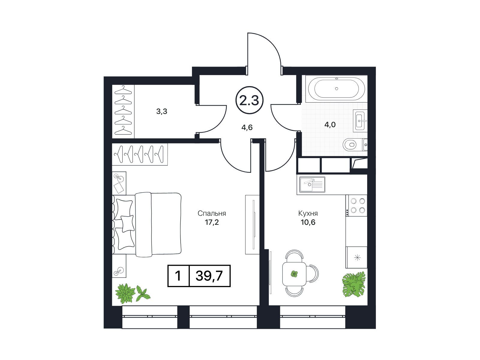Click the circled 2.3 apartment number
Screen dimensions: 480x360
pos(249,100)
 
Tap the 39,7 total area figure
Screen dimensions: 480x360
pos(209,276)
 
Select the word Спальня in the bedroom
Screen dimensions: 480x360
pos(212,213)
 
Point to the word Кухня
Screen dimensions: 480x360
pos(308,213)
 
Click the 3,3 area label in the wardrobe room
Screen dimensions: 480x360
pos(162,112)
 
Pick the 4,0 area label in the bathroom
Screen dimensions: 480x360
pos(330,124)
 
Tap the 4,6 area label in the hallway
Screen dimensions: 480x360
pos(247,127)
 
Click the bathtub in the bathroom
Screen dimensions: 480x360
pos(336,88)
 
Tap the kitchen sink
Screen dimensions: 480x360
pos(312,185)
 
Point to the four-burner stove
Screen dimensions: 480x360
pos(356,205)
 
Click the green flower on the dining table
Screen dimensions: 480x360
pos(294,274)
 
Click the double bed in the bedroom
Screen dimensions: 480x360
pos(147,224)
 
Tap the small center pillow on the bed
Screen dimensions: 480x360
pos(127,223)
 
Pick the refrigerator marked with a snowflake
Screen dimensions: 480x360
pos(356,257)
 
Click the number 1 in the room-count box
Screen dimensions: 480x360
pos(178,276)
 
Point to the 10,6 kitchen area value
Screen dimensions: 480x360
pos(308,222)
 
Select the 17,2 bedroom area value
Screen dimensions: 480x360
pos(212,222)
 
